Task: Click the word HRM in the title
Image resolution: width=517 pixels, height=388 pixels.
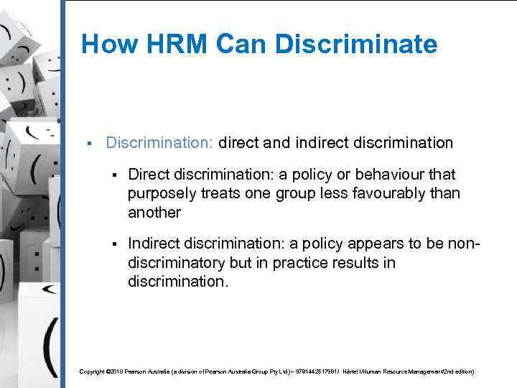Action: tap(167, 45)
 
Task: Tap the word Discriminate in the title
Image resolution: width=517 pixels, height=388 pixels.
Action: tap(358, 45)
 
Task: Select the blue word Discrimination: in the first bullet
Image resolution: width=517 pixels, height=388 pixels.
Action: tap(159, 143)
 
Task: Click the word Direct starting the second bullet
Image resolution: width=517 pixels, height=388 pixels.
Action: tap(149, 175)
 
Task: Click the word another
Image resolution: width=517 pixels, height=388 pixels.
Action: tap(154, 213)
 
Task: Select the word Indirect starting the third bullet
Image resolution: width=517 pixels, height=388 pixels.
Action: tap(154, 244)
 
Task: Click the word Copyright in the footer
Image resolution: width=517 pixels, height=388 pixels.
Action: tap(92, 371)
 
